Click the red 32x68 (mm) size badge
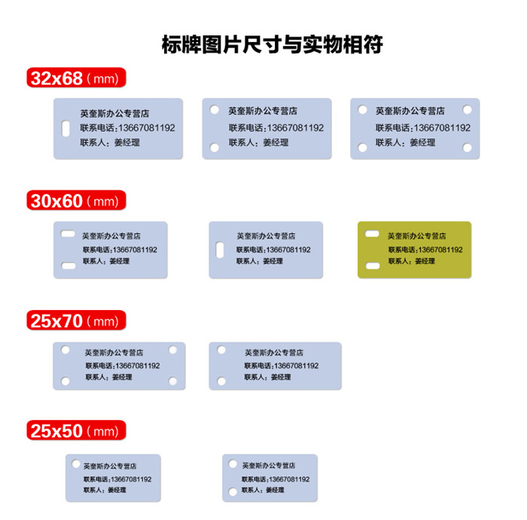(x=76, y=78)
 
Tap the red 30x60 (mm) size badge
(x=76, y=200)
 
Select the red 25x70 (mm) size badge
(x=76, y=321)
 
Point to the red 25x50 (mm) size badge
(x=76, y=430)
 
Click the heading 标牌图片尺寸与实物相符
(x=273, y=44)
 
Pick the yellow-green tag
(x=414, y=250)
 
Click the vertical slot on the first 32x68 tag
(x=66, y=129)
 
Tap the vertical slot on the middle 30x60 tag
(x=220, y=250)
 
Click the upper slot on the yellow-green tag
(x=372, y=234)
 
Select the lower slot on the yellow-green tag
(x=373, y=266)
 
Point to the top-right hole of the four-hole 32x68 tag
(x=468, y=110)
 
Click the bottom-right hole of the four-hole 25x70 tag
(x=172, y=381)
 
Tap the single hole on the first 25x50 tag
(x=76, y=464)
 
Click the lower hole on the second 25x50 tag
(x=233, y=492)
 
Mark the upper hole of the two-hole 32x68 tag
(x=215, y=110)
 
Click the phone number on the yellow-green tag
(x=425, y=250)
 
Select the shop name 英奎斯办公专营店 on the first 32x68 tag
(x=114, y=114)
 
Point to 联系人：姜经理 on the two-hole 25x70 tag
(x=267, y=377)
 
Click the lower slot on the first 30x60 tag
(x=69, y=266)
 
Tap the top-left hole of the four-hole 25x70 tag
(x=65, y=350)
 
